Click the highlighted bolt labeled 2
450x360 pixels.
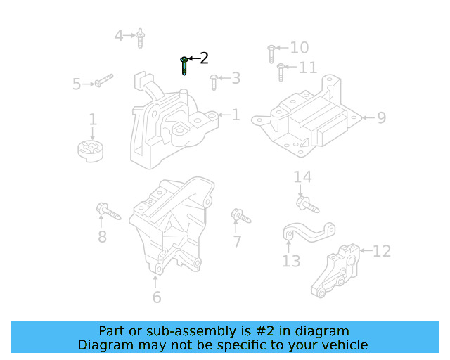click(184, 65)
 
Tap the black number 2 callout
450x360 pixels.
click(204, 58)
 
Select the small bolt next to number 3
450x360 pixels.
click(214, 83)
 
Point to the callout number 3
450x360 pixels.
click(236, 78)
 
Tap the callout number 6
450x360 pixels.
click(156, 297)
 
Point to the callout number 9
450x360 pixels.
click(381, 117)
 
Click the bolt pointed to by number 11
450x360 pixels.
click(281, 71)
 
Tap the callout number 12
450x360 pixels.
click(381, 250)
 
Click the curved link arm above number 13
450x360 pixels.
click(308, 233)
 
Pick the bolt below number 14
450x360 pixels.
click(307, 205)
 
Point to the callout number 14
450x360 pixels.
click(302, 177)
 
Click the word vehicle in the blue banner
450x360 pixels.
click(342, 345)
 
